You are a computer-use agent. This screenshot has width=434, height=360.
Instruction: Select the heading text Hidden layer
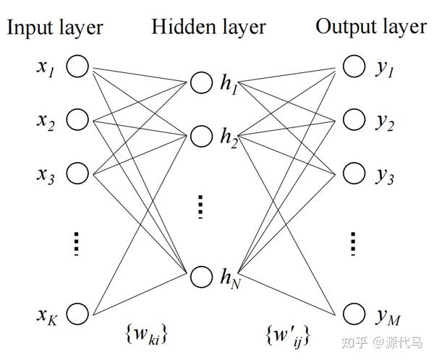tap(209, 27)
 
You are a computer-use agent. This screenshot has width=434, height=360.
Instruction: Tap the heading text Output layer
tap(370, 27)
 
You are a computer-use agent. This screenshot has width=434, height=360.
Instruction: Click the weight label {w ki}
tap(147, 335)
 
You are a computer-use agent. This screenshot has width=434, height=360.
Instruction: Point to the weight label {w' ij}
tap(288, 335)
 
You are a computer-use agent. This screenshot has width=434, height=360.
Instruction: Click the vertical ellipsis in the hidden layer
tap(200, 207)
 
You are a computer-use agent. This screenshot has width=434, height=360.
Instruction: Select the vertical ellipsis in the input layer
tap(77, 244)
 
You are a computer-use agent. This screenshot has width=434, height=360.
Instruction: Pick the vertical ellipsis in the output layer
tap(353, 244)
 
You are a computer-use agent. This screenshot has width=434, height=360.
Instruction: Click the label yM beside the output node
tap(388, 317)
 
